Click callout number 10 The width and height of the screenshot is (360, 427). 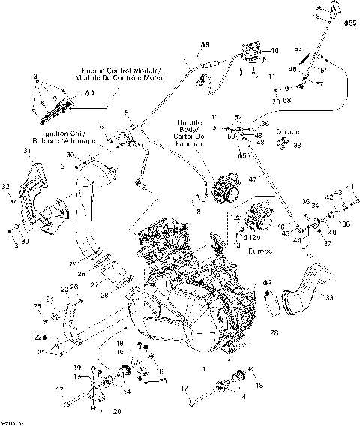[274, 50]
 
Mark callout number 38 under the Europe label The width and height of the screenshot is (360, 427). [298, 145]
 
